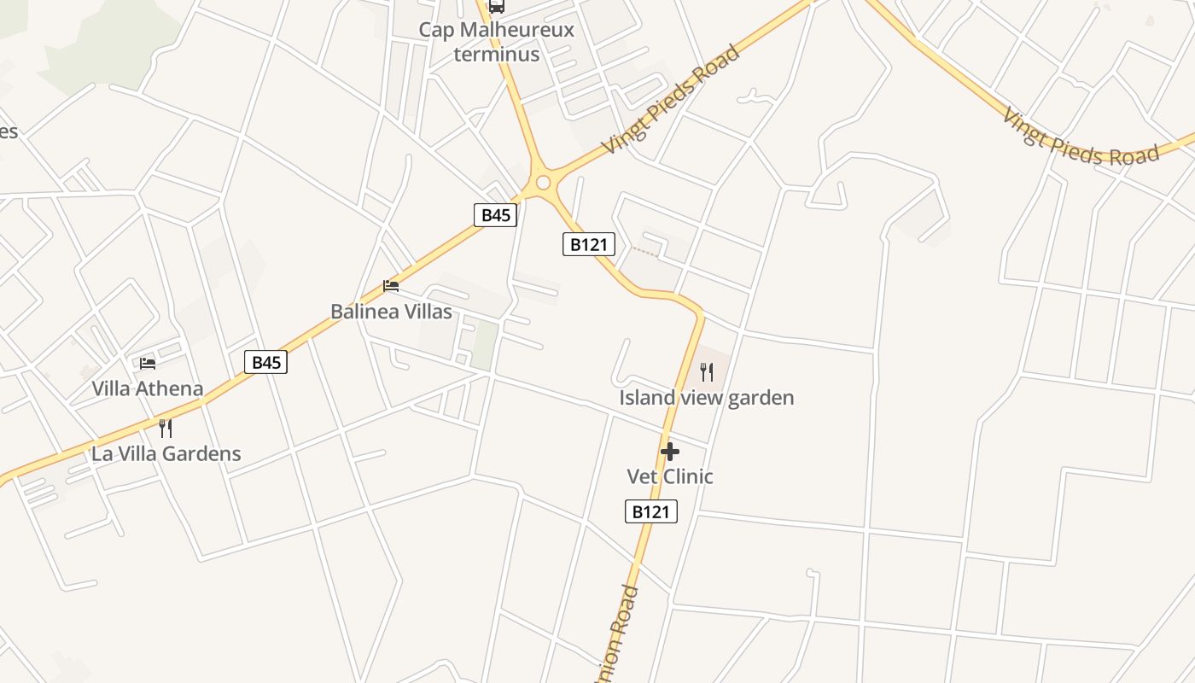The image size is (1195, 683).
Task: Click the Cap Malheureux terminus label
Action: pos(496,42)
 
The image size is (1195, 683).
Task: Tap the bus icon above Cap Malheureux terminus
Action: pos(496,7)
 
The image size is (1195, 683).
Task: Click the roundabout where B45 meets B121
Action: pos(543,183)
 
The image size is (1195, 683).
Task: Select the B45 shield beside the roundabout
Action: pos(495,214)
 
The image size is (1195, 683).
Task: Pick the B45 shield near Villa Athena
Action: pos(265,362)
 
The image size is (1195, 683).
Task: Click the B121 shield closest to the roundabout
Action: pos(589,244)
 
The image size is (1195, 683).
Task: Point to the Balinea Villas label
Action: pos(391,312)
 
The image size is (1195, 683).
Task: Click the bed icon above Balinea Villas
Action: pos(391,285)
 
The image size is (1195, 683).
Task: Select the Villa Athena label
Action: pos(148,389)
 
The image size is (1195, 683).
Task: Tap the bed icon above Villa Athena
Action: pos(148,363)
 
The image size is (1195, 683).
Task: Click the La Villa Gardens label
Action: pos(166,454)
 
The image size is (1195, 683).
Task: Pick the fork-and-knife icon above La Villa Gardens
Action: pos(166,428)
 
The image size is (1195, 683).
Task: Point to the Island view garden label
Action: pos(707,398)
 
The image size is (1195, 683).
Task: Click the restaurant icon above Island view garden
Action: pos(707,371)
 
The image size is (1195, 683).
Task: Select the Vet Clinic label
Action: pos(670,476)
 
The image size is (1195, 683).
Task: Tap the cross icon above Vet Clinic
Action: pos(670,452)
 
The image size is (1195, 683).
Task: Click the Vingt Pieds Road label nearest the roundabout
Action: pos(670,100)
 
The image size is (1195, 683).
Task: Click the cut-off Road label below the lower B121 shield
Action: pos(621,632)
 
